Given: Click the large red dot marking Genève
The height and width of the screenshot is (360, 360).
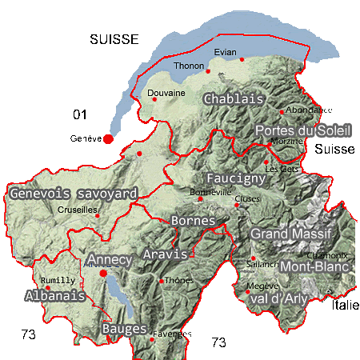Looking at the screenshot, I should (108, 138).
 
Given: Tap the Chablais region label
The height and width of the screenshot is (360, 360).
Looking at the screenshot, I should (234, 99).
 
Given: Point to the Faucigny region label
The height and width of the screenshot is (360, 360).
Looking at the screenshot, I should (235, 178).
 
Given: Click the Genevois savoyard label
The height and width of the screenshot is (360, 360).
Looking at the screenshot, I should (74, 194).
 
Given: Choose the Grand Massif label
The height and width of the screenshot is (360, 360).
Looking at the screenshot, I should (290, 233).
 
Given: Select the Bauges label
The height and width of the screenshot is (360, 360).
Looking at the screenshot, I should (125, 329).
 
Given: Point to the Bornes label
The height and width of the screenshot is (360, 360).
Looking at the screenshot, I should (194, 220).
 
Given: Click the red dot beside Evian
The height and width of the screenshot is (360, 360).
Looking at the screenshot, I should (242, 59).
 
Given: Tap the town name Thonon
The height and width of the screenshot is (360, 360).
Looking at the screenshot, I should (189, 66).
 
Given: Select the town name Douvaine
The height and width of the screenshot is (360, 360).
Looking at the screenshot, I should (167, 93).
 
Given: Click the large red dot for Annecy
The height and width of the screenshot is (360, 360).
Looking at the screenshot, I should (103, 274).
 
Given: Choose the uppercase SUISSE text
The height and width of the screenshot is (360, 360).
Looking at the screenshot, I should (114, 39).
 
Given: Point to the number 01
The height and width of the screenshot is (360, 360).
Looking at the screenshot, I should (78, 112).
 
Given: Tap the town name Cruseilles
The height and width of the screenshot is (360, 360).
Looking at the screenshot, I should (78, 210).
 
